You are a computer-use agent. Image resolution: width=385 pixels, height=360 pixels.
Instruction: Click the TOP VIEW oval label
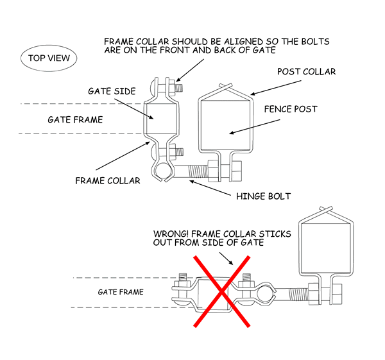tap(49, 58)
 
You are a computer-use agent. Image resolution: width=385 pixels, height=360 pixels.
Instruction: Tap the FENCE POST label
tap(291, 109)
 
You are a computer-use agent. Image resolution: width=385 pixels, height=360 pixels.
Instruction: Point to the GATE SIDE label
tap(112, 92)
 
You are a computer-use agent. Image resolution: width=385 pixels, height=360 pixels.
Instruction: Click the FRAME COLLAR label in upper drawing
tap(107, 180)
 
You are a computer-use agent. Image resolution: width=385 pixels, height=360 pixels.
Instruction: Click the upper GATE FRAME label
tap(75, 119)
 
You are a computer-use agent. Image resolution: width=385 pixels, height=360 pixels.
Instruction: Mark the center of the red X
tap(222, 291)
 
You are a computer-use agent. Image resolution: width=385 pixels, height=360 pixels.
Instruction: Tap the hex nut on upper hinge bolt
tap(233, 172)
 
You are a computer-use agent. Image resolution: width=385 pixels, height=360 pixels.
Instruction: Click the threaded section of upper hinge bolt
tap(206, 172)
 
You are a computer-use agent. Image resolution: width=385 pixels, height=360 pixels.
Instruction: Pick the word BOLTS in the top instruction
tap(314, 42)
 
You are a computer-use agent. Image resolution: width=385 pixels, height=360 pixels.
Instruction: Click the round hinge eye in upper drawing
tap(162, 171)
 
